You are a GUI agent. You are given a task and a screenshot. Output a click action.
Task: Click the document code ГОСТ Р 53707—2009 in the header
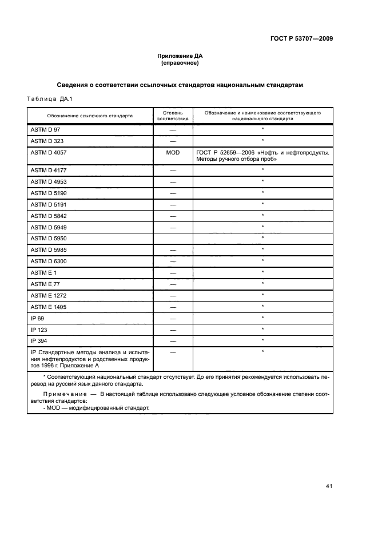[x=301, y=39]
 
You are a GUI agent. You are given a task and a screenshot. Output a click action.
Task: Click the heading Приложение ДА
[x=180, y=56]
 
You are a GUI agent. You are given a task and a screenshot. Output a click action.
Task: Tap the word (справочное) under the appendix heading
[x=180, y=63]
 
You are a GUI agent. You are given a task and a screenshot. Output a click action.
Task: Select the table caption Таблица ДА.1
[x=46, y=99]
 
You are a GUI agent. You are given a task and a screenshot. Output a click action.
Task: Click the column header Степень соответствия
[x=172, y=116]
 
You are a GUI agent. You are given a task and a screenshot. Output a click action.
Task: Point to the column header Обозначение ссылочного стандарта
[x=90, y=116]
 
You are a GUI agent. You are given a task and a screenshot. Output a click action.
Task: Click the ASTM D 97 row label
[x=41, y=130]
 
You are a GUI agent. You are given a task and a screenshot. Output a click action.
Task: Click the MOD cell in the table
[x=172, y=153]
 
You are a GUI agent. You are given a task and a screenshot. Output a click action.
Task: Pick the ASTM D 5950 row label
[x=45, y=238]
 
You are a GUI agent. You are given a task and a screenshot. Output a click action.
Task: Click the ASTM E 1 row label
[x=39, y=272]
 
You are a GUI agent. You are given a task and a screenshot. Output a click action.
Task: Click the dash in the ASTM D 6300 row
[x=172, y=261]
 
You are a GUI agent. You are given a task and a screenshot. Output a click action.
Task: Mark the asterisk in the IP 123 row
[x=262, y=329]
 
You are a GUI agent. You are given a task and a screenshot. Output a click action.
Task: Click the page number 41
[x=329, y=486]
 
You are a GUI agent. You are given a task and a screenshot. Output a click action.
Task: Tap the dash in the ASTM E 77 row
[x=172, y=284]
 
